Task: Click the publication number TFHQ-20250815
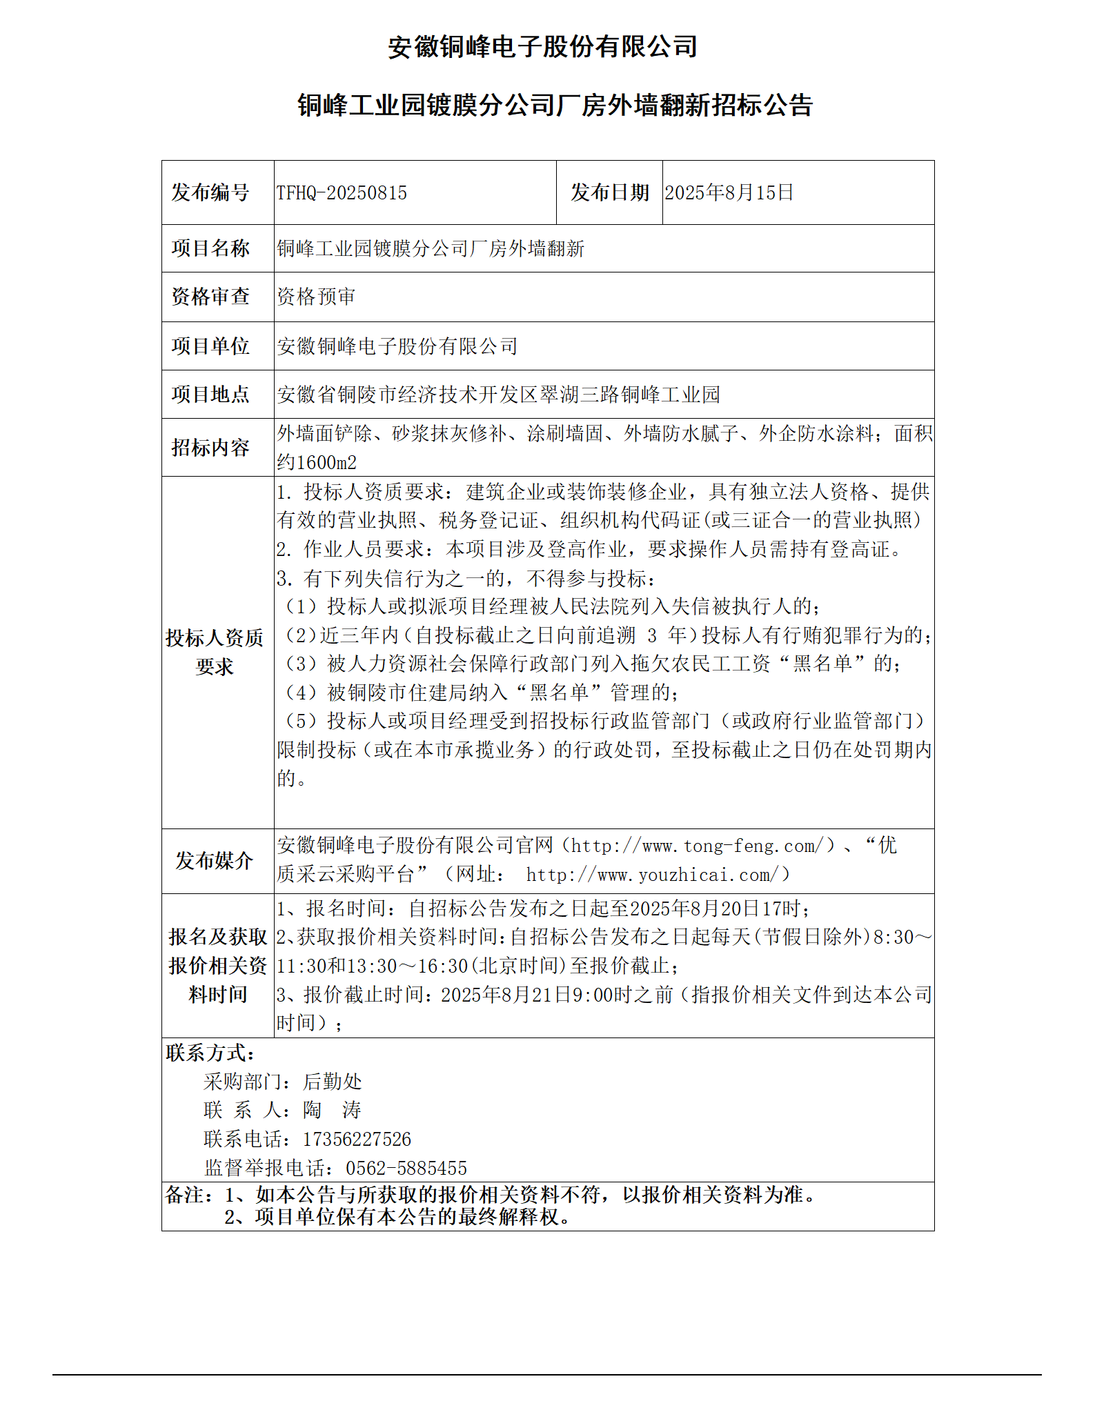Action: pos(342,193)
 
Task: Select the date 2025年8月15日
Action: pos(729,192)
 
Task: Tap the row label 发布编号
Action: pos(210,192)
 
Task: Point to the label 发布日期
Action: pos(609,192)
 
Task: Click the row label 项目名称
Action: pos(210,248)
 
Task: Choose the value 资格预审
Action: pos(316,297)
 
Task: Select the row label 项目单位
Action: pos(210,346)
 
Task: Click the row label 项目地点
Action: pos(210,394)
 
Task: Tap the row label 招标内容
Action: pos(210,448)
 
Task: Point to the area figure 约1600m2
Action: pos(317,462)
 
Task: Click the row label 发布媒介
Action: pos(214,860)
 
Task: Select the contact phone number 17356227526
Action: pos(357,1139)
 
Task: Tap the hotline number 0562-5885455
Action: pos(406,1168)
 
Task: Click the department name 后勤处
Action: pos(333,1082)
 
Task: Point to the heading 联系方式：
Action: pos(210,1053)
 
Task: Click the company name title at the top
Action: pos(542,47)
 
